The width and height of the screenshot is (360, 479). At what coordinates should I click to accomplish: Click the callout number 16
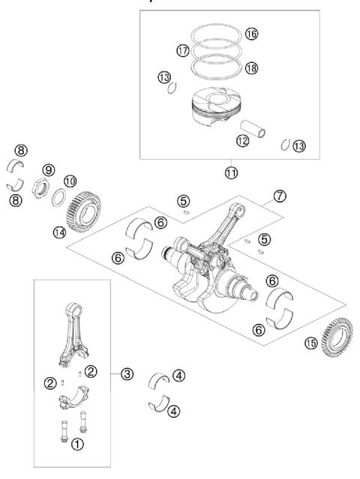click(x=250, y=34)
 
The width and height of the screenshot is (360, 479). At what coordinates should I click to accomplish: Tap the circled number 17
click(x=182, y=50)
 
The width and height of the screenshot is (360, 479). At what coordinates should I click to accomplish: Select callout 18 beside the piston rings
click(x=250, y=67)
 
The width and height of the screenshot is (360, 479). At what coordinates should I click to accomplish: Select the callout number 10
click(x=70, y=181)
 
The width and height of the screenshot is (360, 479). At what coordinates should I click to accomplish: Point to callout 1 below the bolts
click(x=76, y=444)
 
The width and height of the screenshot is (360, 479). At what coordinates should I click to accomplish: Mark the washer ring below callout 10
click(x=58, y=198)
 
